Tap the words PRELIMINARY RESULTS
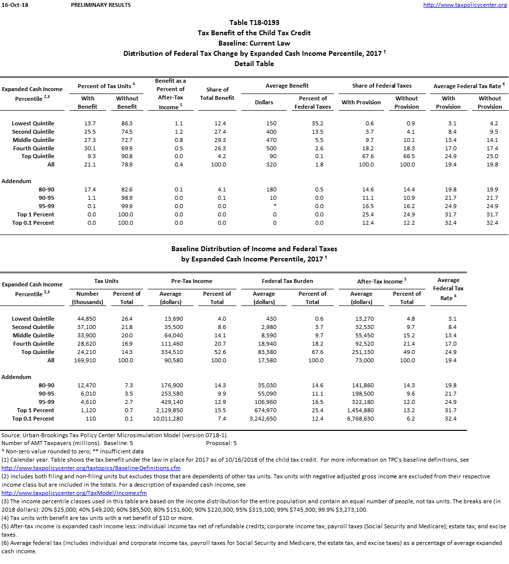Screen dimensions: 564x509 click(x=100, y=5)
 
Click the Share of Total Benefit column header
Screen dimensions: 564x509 click(x=217, y=94)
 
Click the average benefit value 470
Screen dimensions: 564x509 click(x=270, y=140)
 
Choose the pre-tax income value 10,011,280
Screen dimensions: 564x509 click(x=168, y=419)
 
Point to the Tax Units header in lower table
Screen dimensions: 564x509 click(x=106, y=281)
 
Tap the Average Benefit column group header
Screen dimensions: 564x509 click(x=287, y=86)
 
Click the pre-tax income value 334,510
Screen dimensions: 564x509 click(x=171, y=352)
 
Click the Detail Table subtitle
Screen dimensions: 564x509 click(x=254, y=64)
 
